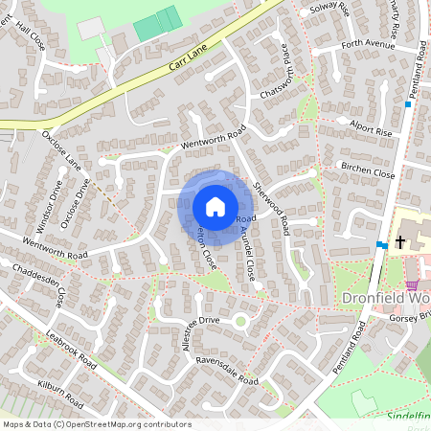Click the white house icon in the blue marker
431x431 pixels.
(x=215, y=207)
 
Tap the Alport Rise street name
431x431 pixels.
(x=372, y=131)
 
